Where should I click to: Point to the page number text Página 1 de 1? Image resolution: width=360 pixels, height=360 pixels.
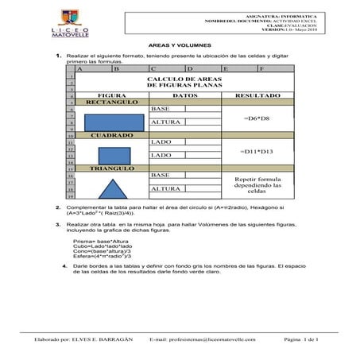coord(300,339)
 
